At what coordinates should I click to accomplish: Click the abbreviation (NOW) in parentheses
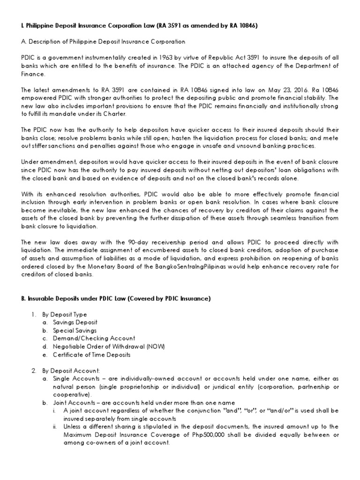tap(155, 346)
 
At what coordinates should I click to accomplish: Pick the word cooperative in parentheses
tap(70, 395)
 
